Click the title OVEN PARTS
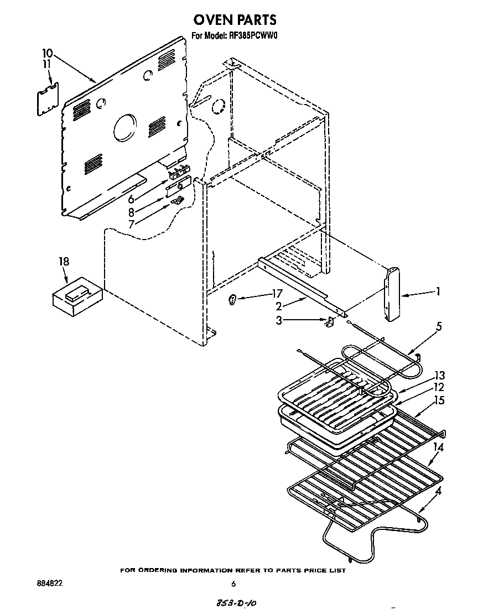click(x=235, y=20)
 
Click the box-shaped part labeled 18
click(x=77, y=296)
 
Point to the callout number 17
click(x=277, y=294)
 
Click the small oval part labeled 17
click(x=233, y=300)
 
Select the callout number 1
click(x=438, y=292)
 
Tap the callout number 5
click(x=439, y=326)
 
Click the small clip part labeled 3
click(x=329, y=322)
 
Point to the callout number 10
click(x=47, y=53)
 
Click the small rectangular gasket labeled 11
click(x=48, y=99)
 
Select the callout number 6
click(x=132, y=200)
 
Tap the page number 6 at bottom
click(x=233, y=584)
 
